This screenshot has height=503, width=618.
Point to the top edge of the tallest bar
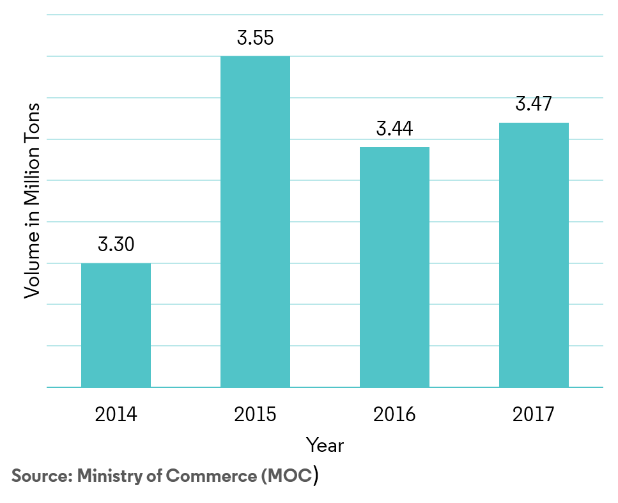[x=255, y=57]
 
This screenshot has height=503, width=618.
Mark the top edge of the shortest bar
[x=116, y=263]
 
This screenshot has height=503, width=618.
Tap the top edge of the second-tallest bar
[x=534, y=123]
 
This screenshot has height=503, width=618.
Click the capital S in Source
[x=17, y=476]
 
